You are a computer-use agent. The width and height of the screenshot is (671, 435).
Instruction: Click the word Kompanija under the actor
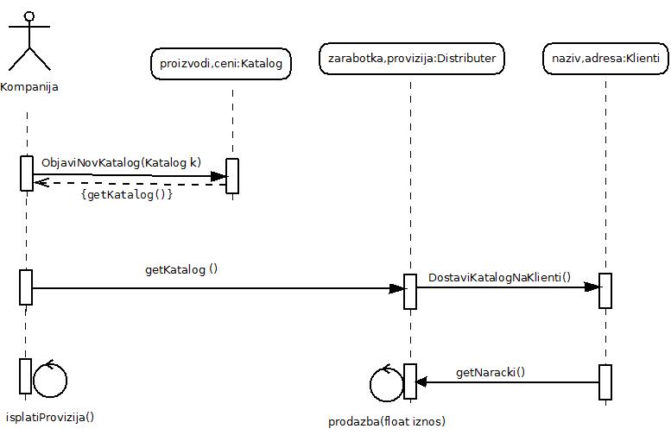click(30, 87)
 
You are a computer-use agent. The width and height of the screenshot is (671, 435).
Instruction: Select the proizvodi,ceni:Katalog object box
click(221, 63)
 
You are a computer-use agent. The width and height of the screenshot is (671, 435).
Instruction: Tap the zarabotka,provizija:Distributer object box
click(411, 59)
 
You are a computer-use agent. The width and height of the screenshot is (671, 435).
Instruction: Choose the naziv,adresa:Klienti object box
click(605, 59)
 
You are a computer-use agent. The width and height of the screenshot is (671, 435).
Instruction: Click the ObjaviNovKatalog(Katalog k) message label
click(121, 161)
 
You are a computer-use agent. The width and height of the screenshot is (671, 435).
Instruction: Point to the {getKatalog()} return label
click(127, 195)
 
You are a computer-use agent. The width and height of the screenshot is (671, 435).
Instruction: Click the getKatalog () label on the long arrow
click(181, 269)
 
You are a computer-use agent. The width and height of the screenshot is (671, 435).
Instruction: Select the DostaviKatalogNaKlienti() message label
click(500, 277)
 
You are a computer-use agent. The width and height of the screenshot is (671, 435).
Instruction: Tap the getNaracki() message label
click(491, 373)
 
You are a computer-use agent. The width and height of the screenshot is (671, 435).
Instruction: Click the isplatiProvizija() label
click(50, 417)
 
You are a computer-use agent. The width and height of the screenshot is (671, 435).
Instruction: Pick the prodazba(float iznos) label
click(387, 421)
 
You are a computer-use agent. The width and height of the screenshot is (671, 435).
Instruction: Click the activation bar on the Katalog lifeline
click(231, 176)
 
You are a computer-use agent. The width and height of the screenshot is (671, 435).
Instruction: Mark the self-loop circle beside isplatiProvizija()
click(50, 378)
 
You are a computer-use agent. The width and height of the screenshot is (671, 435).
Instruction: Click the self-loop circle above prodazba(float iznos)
click(385, 383)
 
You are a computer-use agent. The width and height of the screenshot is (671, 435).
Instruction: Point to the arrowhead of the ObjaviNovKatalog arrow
click(219, 176)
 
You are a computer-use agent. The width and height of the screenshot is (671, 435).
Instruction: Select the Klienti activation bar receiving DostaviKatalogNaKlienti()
click(605, 290)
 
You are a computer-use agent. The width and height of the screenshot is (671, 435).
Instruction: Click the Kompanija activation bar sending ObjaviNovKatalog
click(27, 172)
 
